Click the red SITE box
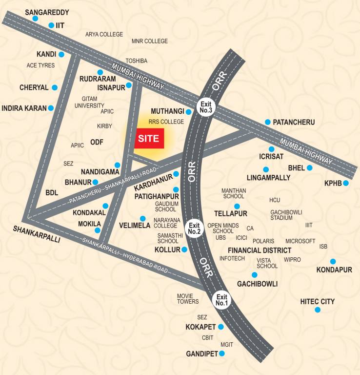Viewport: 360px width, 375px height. pos(149,138)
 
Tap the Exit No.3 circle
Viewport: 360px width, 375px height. pos(205,107)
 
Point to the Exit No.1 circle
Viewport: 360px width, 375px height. pos(222,300)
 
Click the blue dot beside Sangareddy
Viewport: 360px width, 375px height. pos(35,19)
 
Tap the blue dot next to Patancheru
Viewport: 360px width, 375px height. pos(267,122)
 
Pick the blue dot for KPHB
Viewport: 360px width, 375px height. pos(345,183)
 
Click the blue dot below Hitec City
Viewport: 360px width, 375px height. pos(318,310)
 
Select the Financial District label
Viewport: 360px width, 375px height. pos(260,250)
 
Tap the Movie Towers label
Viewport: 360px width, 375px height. pos(188,298)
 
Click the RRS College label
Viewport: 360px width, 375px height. pos(166,122)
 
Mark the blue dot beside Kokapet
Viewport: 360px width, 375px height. pos(220,327)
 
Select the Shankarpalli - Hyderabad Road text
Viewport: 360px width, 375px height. pos(125,254)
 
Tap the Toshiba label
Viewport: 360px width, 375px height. pos(137,61)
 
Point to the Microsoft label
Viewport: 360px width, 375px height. pos(300,241)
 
